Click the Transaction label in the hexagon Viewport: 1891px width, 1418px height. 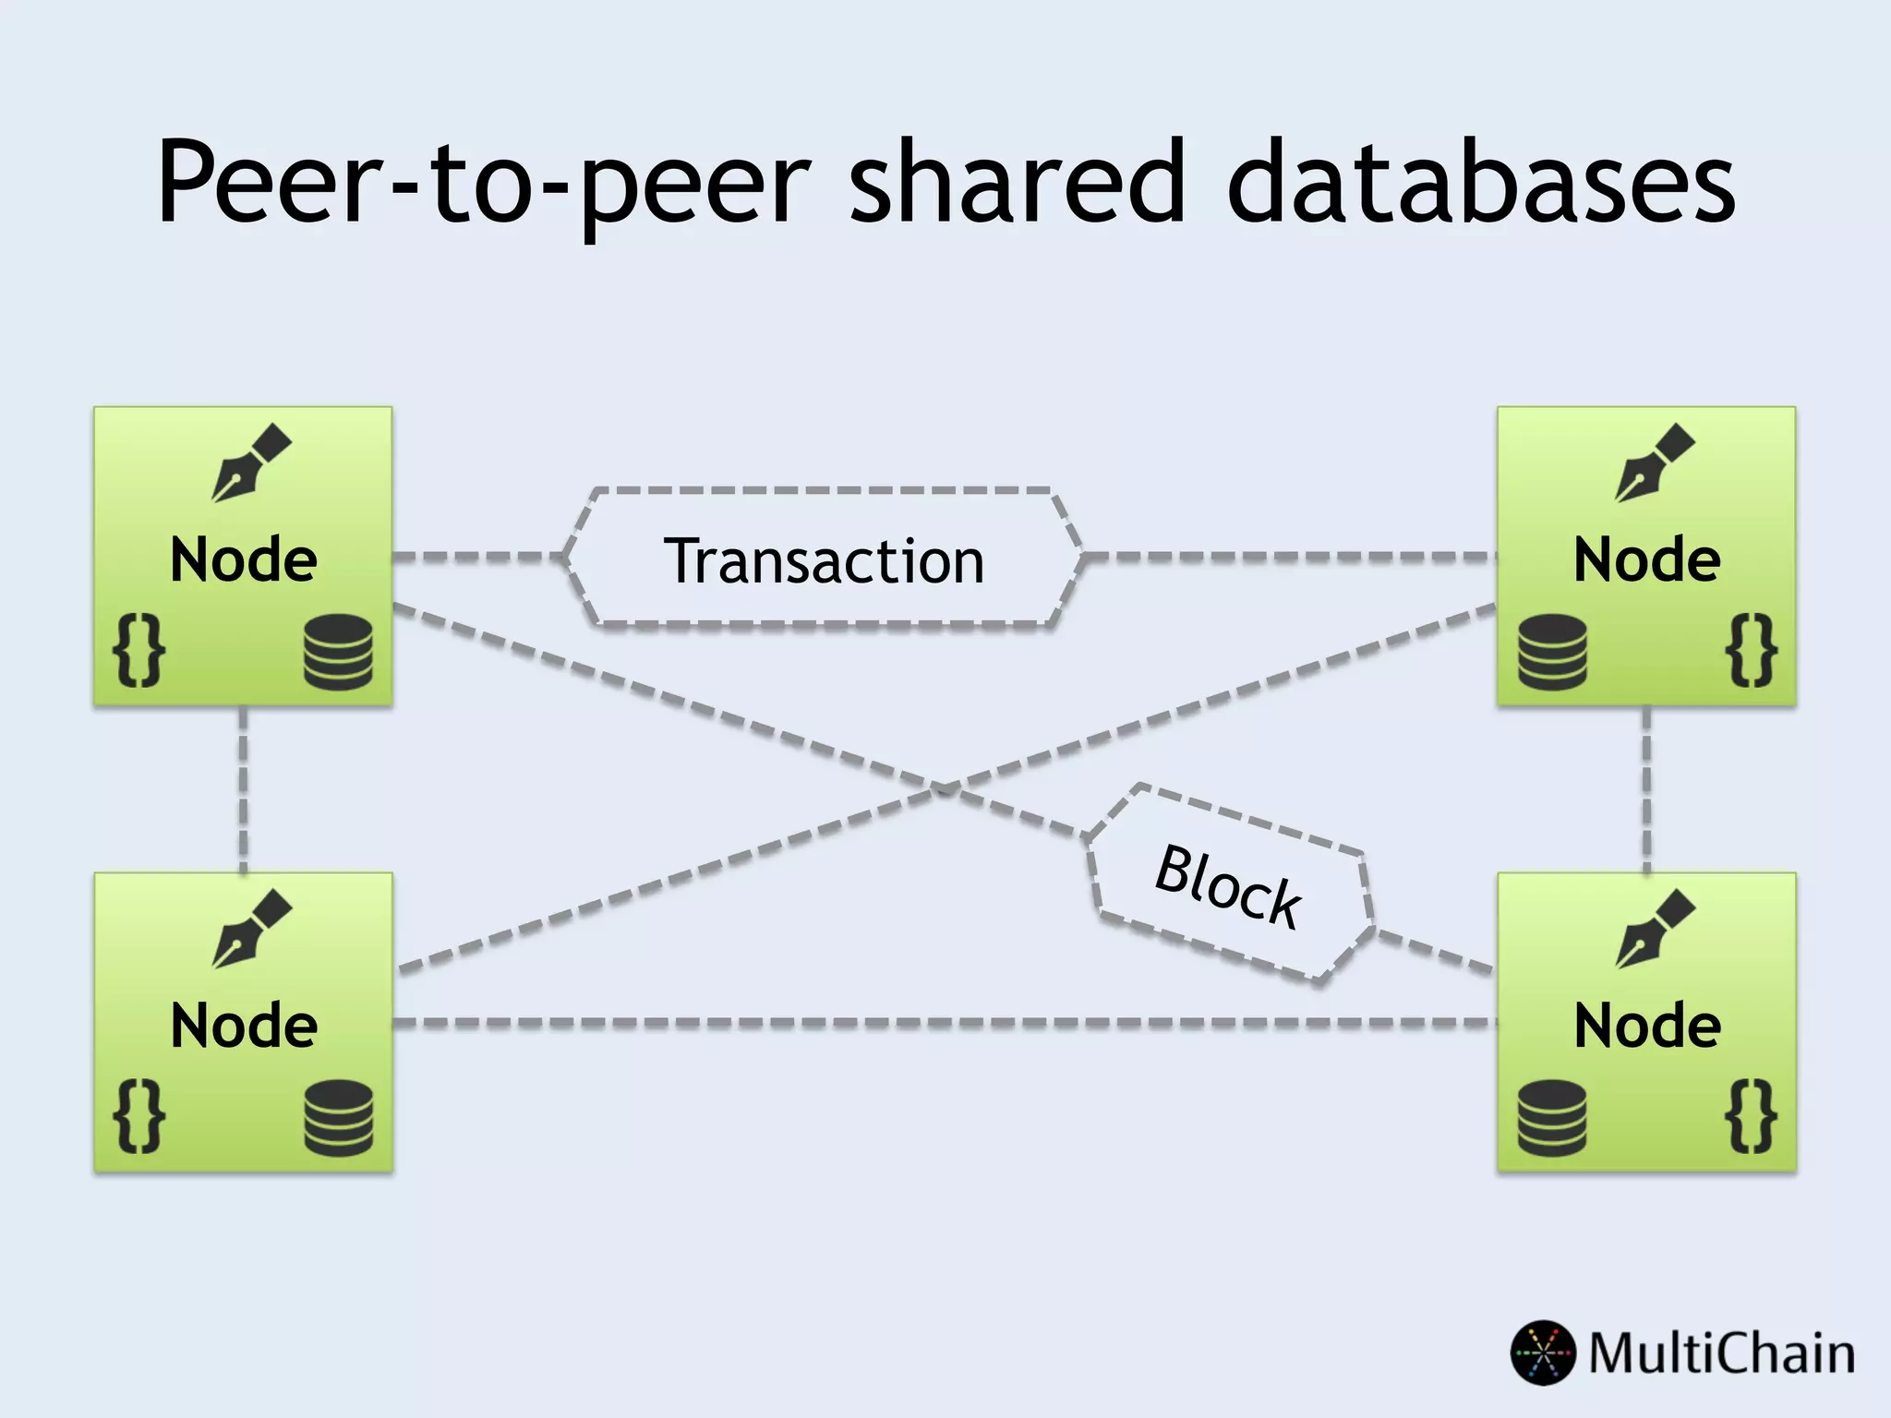[x=824, y=560]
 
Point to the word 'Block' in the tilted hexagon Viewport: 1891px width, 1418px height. [x=1228, y=885]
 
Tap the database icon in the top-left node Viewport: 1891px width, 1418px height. [x=339, y=654]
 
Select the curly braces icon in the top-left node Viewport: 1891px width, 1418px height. [x=139, y=651]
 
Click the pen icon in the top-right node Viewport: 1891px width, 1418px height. [x=1655, y=463]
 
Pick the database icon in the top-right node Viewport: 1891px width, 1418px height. [x=1552, y=654]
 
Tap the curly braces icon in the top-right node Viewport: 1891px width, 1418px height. [x=1752, y=651]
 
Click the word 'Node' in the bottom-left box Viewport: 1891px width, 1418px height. [x=244, y=1026]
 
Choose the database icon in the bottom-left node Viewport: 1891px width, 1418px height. [x=339, y=1118]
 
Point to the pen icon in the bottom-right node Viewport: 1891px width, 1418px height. [x=1655, y=929]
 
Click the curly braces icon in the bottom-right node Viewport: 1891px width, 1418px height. [x=1752, y=1116]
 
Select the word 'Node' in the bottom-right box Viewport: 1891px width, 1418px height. [x=1647, y=1026]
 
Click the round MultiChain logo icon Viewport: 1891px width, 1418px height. [x=1543, y=1352]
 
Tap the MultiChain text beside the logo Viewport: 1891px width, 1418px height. [x=1722, y=1353]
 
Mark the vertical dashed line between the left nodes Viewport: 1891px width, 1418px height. [x=243, y=789]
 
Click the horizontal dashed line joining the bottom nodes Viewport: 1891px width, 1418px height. [x=942, y=1023]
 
